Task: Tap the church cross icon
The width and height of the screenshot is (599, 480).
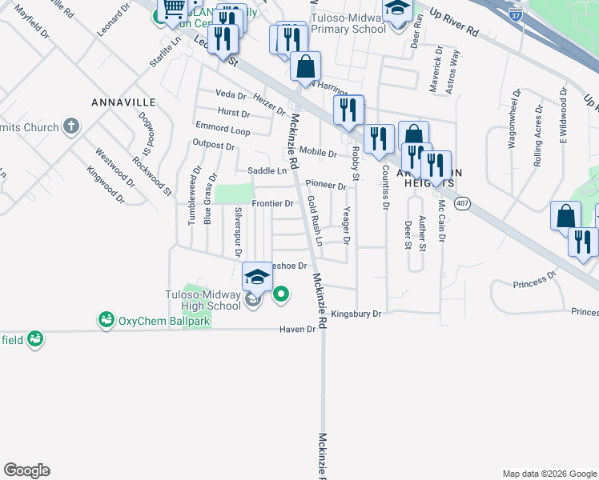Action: tap(71, 127)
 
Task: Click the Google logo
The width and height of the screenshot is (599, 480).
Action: tap(26, 470)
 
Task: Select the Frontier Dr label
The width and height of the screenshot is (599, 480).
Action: tap(272, 204)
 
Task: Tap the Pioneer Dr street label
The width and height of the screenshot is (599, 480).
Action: tap(325, 186)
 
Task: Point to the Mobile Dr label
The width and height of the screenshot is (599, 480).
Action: tap(318, 152)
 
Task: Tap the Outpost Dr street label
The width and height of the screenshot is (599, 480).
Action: tap(213, 146)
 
